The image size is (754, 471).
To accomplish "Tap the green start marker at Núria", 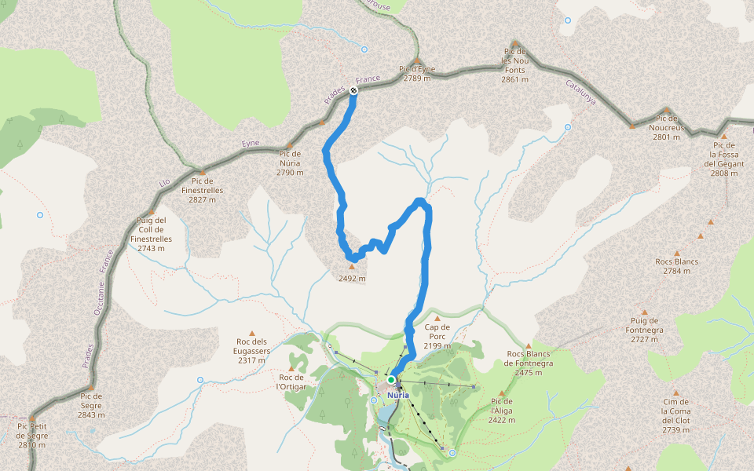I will pos(391,380).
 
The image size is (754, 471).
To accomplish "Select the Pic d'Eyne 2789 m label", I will pos(417,74).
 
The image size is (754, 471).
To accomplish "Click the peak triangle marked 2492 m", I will pos(351,267).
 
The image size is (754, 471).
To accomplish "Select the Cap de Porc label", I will pos(437,332).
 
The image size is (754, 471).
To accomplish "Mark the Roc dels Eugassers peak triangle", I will pos(252,333).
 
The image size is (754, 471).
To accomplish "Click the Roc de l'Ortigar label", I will pos(291,382).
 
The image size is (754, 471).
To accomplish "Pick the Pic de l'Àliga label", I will pos(502,411).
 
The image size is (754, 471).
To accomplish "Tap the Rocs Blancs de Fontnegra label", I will pos(530,363).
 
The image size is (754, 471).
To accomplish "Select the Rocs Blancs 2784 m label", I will pos(676,266).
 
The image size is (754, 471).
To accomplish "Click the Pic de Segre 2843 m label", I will pos(91,405).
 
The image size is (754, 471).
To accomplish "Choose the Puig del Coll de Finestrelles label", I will pos(150,234).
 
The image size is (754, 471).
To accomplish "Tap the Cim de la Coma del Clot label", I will pos(675,415).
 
